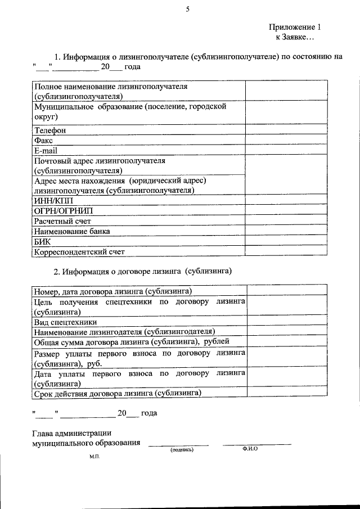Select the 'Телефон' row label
click(x=50, y=130)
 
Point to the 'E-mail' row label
click(x=46, y=150)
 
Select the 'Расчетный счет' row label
click(x=62, y=221)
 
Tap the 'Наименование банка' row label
click(x=72, y=231)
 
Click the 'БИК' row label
click(x=42, y=241)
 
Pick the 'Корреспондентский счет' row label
click(x=79, y=252)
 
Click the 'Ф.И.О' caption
click(x=250, y=449)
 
